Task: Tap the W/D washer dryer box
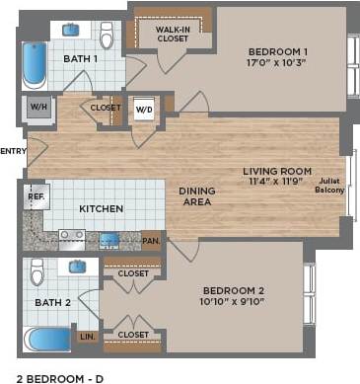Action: pyautogui.click(x=144, y=109)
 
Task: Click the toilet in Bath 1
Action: pyautogui.click(x=108, y=35)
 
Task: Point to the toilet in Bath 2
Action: pyautogui.click(x=36, y=271)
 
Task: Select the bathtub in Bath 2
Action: pyautogui.click(x=46, y=340)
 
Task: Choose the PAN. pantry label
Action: pyautogui.click(x=151, y=239)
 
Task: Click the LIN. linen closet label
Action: pyautogui.click(x=87, y=337)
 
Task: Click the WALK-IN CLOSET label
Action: pyautogui.click(x=173, y=36)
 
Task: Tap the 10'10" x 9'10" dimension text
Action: pyautogui.click(x=235, y=302)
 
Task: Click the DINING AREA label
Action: pyautogui.click(x=198, y=196)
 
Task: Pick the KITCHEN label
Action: pyautogui.click(x=101, y=208)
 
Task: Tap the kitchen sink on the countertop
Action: pyautogui.click(x=108, y=239)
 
